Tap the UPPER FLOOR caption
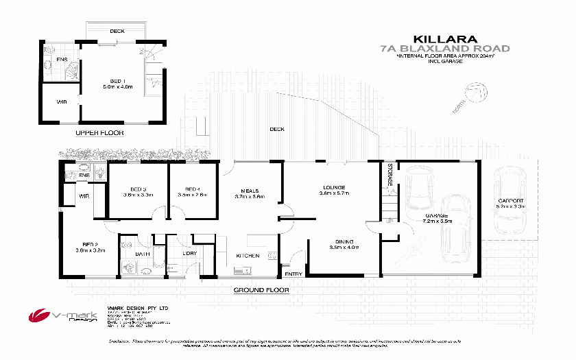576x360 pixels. point(100,133)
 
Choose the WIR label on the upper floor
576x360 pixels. point(62,103)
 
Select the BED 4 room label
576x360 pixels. point(192,189)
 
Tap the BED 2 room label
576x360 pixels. point(88,244)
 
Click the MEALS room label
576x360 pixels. point(248,190)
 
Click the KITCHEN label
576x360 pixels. point(248,256)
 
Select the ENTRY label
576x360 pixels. point(293,274)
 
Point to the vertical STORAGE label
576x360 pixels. point(389,176)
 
